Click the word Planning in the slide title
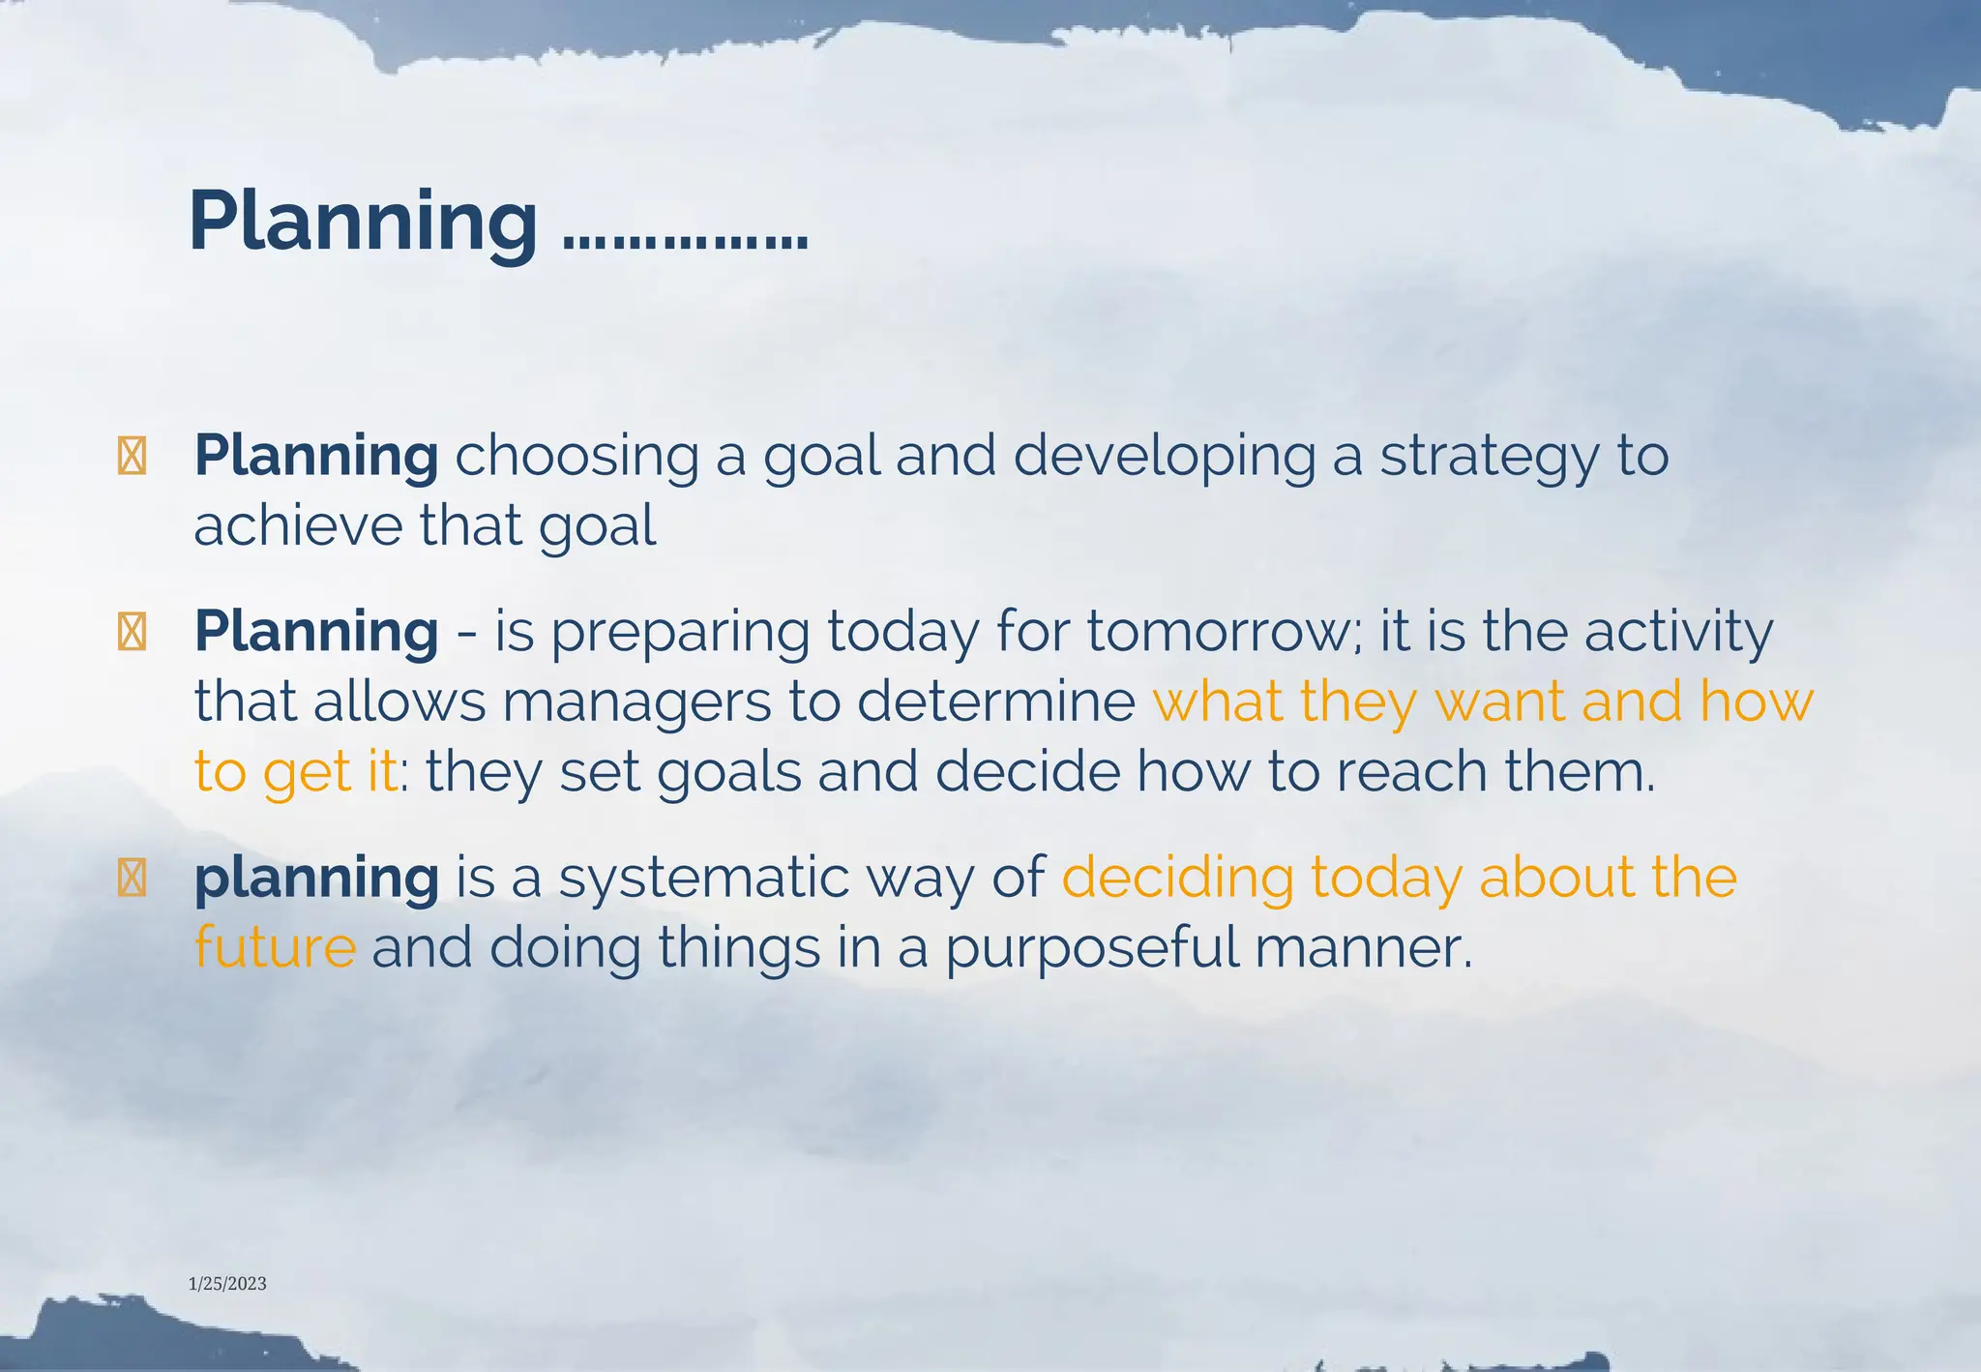pos(363,223)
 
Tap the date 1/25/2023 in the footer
pos(227,1284)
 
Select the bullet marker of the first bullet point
pos(132,457)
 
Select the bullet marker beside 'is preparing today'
pos(132,633)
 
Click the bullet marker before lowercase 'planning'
pos(132,879)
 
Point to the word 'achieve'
pos(297,526)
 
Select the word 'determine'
pos(995,701)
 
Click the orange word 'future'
pos(275,947)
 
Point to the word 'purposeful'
pos(1092,949)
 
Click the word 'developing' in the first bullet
pos(1165,457)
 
